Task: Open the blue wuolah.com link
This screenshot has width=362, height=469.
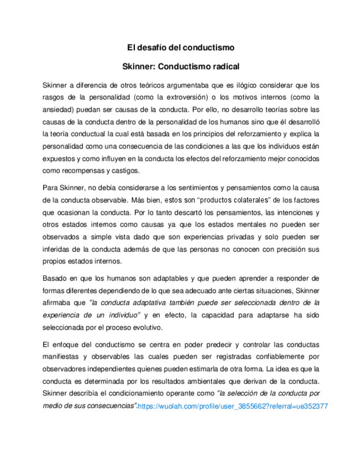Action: point(233,406)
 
